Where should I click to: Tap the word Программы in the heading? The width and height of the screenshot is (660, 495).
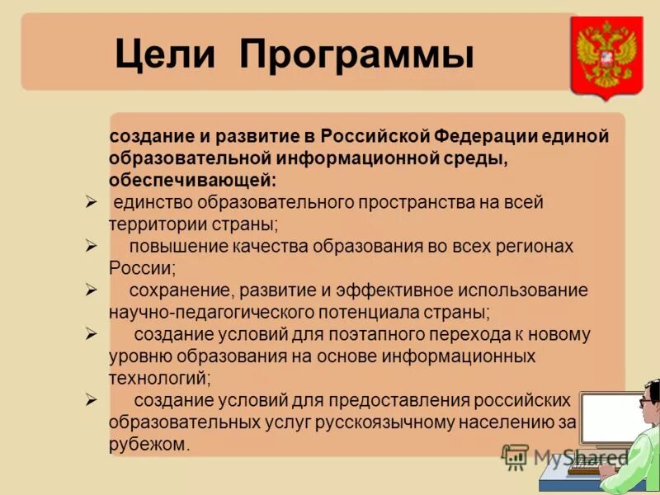(356, 55)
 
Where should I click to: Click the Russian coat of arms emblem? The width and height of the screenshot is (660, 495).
(606, 56)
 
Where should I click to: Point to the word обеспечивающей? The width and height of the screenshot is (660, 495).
(191, 179)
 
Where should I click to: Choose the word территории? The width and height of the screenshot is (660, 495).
(151, 224)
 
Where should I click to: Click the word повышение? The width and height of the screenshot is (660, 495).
(173, 246)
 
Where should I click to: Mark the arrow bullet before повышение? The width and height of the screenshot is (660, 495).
(92, 245)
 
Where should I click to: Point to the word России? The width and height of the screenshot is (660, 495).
(141, 267)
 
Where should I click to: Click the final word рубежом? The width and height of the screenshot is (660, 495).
(148, 444)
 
